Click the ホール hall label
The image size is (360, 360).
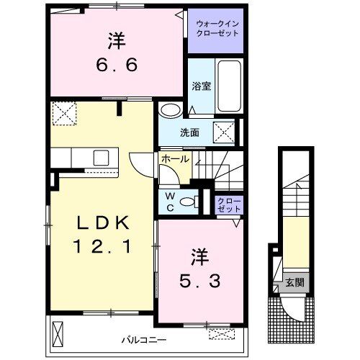[176, 158]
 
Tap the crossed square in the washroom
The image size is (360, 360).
[224, 132]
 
